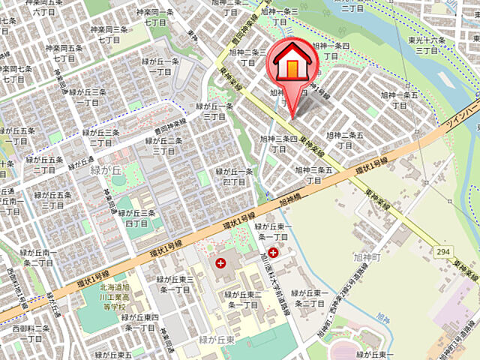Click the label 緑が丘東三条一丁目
pyautogui.click(x=175, y=284)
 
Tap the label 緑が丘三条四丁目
pyautogui.click(x=136, y=218)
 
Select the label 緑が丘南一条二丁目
pyautogui.click(x=37, y=258)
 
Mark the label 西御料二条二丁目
pyautogui.click(x=31, y=333)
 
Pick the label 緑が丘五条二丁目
pyautogui.click(x=44, y=164)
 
